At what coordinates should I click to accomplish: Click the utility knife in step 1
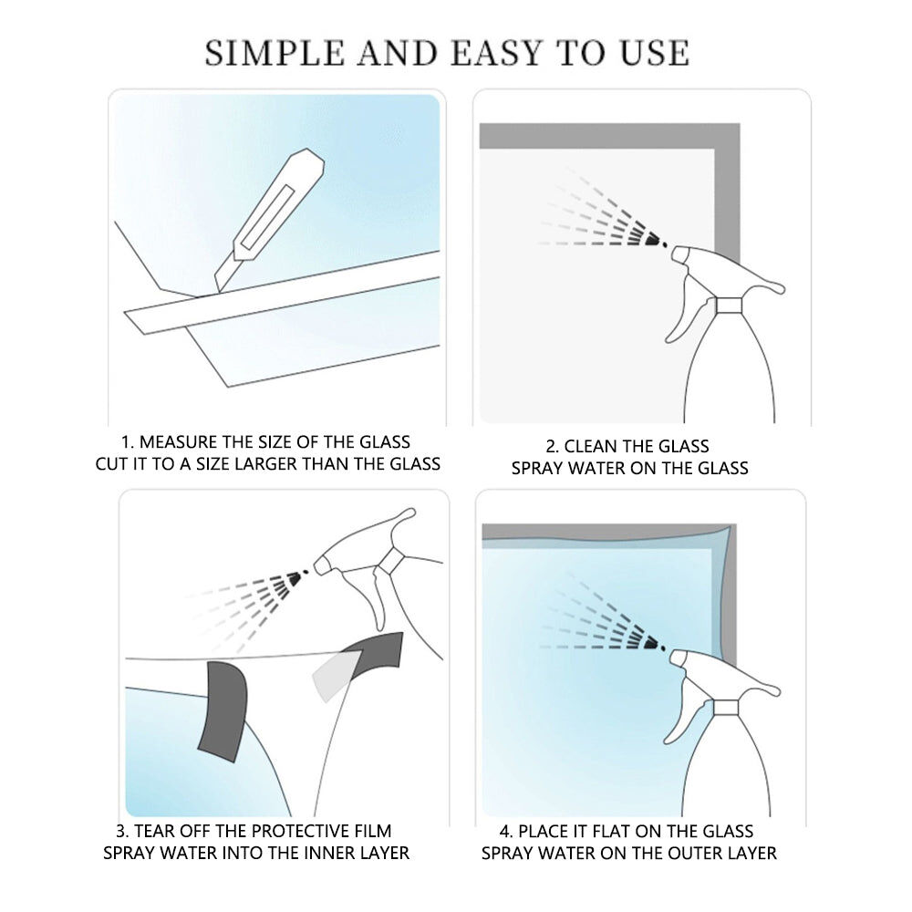[x=269, y=220]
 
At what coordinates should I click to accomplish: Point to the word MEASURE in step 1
[x=179, y=442]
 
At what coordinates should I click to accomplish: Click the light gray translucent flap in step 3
[x=335, y=675]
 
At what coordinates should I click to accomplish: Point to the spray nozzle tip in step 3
[x=319, y=565]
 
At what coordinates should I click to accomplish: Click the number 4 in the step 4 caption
[x=504, y=831]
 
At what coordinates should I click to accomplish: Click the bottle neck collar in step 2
[x=729, y=306]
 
